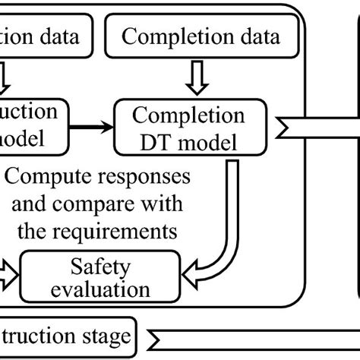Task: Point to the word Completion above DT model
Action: [x=189, y=115]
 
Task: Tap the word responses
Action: [x=147, y=180]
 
